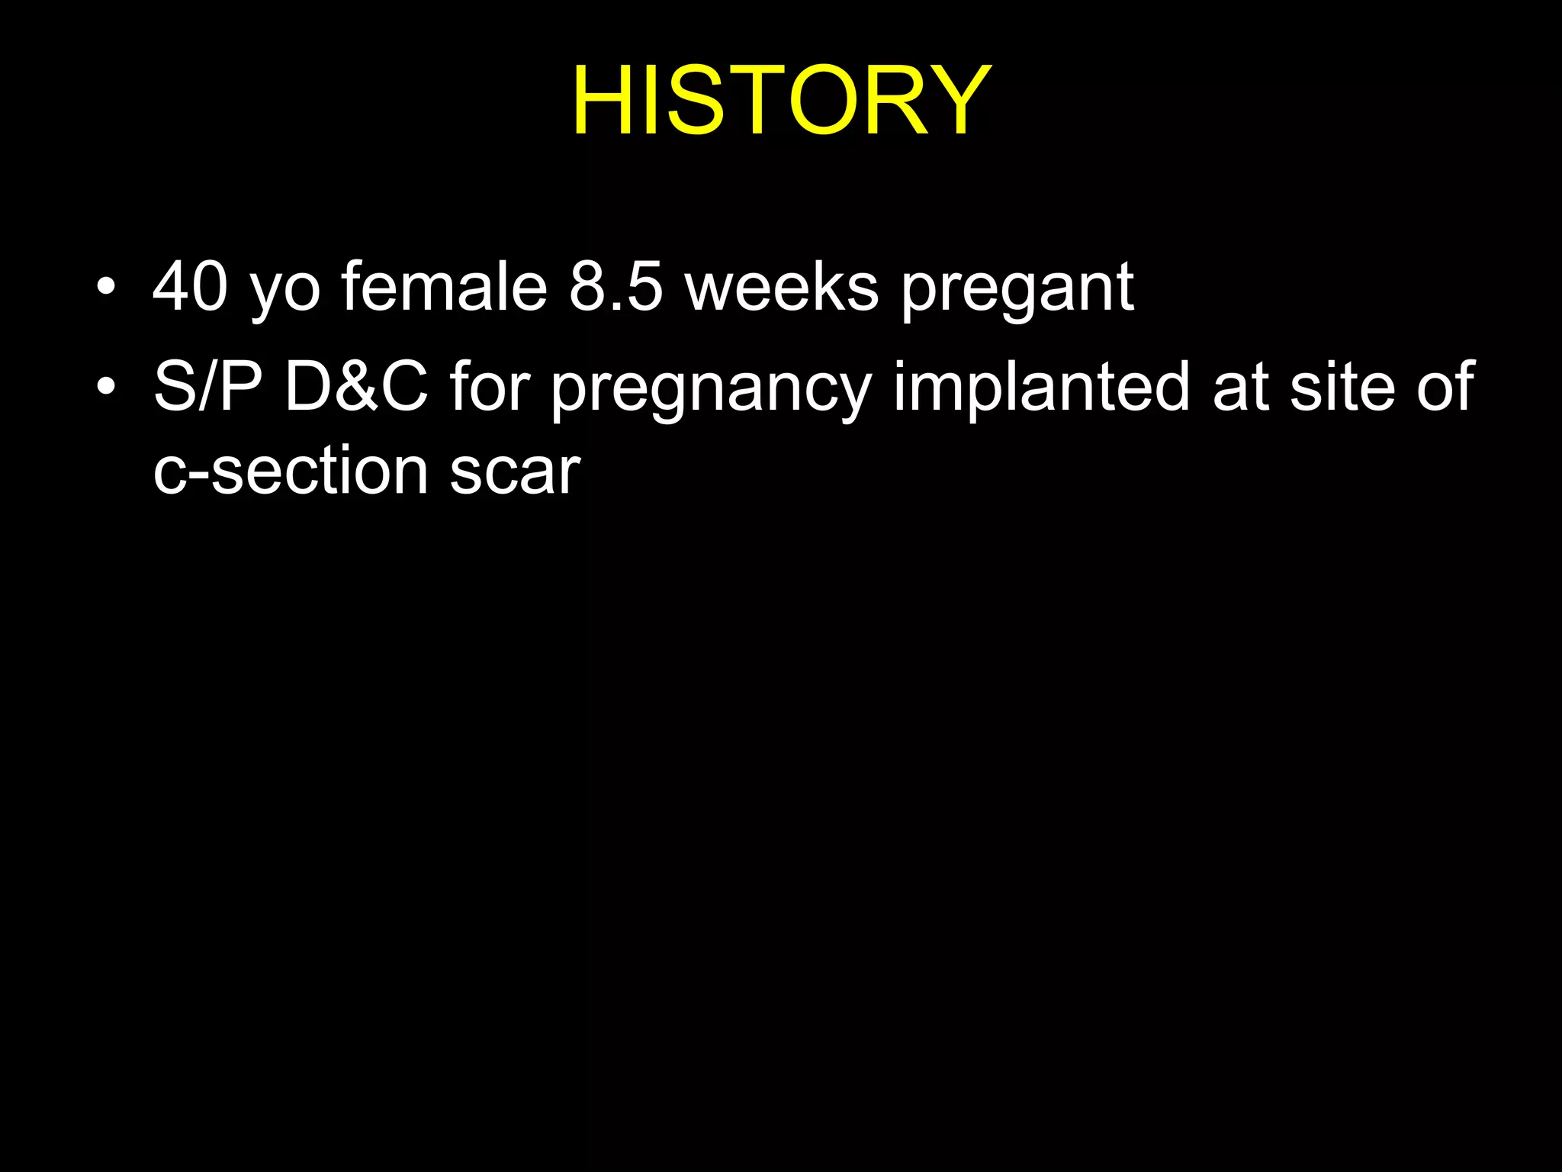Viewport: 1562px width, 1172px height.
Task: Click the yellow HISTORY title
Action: (781, 100)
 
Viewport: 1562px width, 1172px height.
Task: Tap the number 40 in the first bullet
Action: (190, 287)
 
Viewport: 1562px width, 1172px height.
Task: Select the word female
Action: (444, 287)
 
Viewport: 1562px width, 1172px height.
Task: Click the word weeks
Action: (782, 287)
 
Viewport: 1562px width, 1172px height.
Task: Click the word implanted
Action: (1042, 388)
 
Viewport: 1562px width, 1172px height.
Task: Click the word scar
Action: (515, 472)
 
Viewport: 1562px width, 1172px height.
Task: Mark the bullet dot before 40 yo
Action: (107, 288)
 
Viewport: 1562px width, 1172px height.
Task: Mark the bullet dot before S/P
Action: (107, 387)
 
